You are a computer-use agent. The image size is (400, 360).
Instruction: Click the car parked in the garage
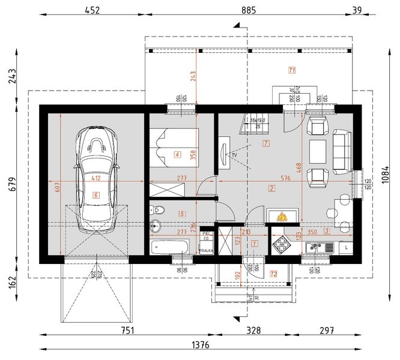coord(95,179)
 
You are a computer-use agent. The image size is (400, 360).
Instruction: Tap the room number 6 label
coord(95,195)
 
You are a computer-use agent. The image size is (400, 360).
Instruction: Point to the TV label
coord(234,155)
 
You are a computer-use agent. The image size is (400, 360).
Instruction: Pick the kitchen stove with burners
coord(282,244)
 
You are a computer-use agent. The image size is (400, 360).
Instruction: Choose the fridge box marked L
coord(347,246)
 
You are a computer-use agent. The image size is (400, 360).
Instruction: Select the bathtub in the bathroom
coord(169,247)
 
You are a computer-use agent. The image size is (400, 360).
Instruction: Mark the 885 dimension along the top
coord(249,10)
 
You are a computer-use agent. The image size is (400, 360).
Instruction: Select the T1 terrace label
coord(292,70)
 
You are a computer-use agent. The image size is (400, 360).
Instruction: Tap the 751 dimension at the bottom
coord(127,330)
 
